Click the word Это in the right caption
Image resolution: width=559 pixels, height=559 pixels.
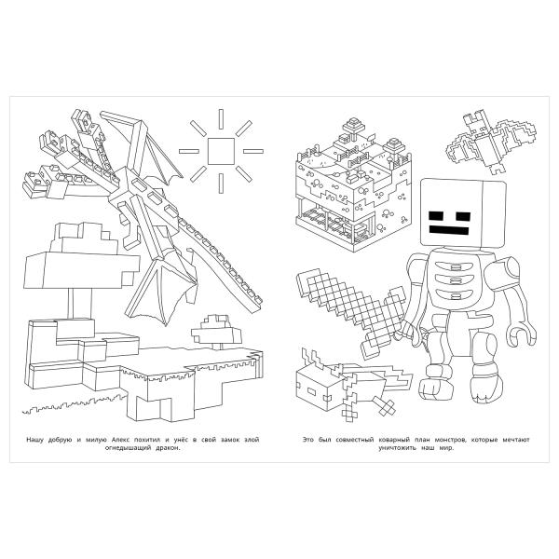point(309,437)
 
